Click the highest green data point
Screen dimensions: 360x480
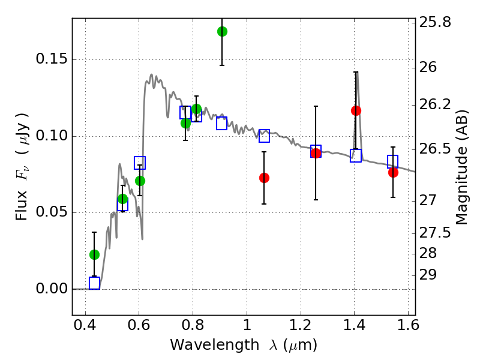click(222, 31)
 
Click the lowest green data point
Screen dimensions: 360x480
click(94, 254)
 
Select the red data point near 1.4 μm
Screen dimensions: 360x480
click(356, 110)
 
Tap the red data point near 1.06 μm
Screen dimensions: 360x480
click(264, 178)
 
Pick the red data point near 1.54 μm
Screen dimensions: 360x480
click(393, 172)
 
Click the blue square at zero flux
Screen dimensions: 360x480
click(94, 283)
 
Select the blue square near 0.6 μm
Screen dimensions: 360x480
click(140, 163)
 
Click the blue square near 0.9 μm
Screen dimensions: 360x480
click(221, 124)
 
